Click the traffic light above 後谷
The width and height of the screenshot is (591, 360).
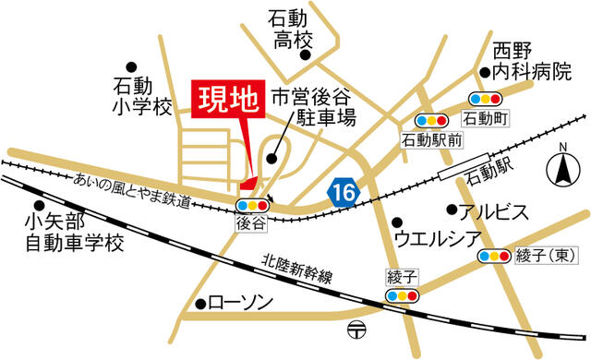pos(252,205)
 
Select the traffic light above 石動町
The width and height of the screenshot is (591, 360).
pos(485,98)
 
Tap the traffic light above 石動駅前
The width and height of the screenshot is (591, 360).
pos(431,120)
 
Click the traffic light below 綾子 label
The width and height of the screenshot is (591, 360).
pos(402,295)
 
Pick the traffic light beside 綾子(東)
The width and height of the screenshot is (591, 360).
pos(495,256)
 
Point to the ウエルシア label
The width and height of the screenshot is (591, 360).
pos(436,239)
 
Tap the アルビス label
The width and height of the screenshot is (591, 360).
pos(494,211)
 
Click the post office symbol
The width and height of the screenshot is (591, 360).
pos(357,330)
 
